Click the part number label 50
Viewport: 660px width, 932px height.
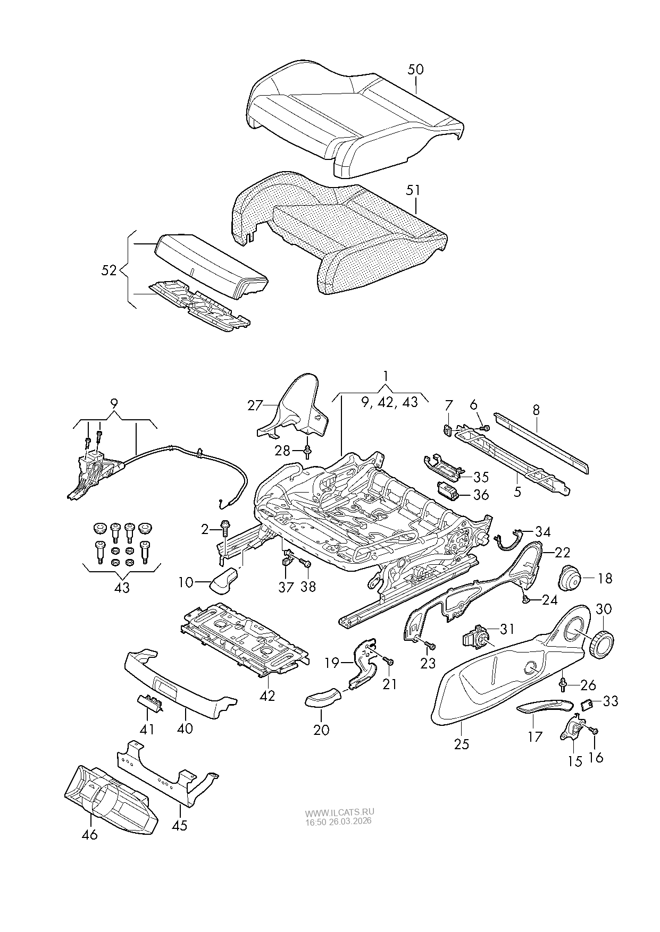415,70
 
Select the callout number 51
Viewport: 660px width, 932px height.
413,190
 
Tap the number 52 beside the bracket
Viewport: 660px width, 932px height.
108,270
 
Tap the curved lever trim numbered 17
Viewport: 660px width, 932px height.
544,705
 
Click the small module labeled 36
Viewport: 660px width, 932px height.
448,489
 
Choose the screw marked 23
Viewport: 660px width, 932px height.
429,645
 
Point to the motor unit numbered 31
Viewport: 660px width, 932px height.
477,635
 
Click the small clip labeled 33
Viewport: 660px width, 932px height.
588,705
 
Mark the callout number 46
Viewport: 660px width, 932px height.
90,834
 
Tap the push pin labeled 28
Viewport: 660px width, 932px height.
307,451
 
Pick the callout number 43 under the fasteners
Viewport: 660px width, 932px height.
122,588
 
